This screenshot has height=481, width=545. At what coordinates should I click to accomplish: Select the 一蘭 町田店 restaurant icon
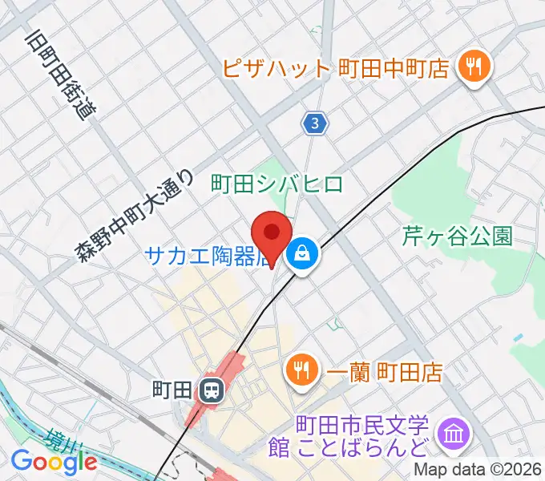click(x=302, y=371)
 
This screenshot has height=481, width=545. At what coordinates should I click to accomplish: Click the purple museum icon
click(x=454, y=435)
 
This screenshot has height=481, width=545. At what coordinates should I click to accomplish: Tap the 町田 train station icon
click(x=212, y=390)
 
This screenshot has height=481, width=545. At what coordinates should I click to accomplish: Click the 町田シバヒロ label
click(x=277, y=184)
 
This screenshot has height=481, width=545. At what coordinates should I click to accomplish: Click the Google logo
click(x=54, y=462)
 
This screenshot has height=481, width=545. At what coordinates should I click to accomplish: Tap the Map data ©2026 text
click(x=477, y=470)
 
